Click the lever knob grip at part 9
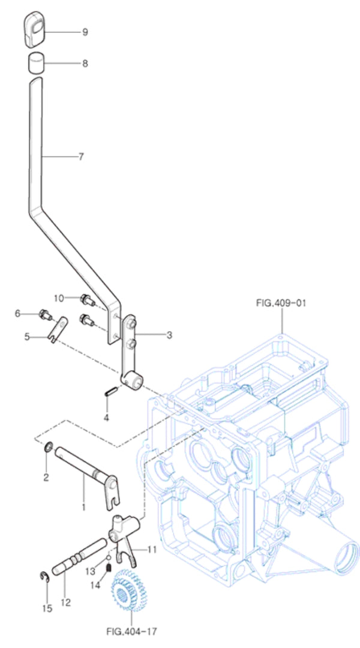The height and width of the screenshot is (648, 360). [35, 30]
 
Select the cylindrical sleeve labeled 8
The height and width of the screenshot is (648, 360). [36, 63]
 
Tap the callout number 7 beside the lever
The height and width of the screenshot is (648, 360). [80, 157]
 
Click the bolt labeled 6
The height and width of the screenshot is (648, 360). [45, 314]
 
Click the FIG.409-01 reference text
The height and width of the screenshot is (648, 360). [281, 304]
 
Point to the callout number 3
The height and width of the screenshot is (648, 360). [169, 335]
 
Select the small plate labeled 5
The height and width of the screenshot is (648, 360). [58, 330]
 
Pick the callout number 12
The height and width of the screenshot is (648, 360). [66, 602]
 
